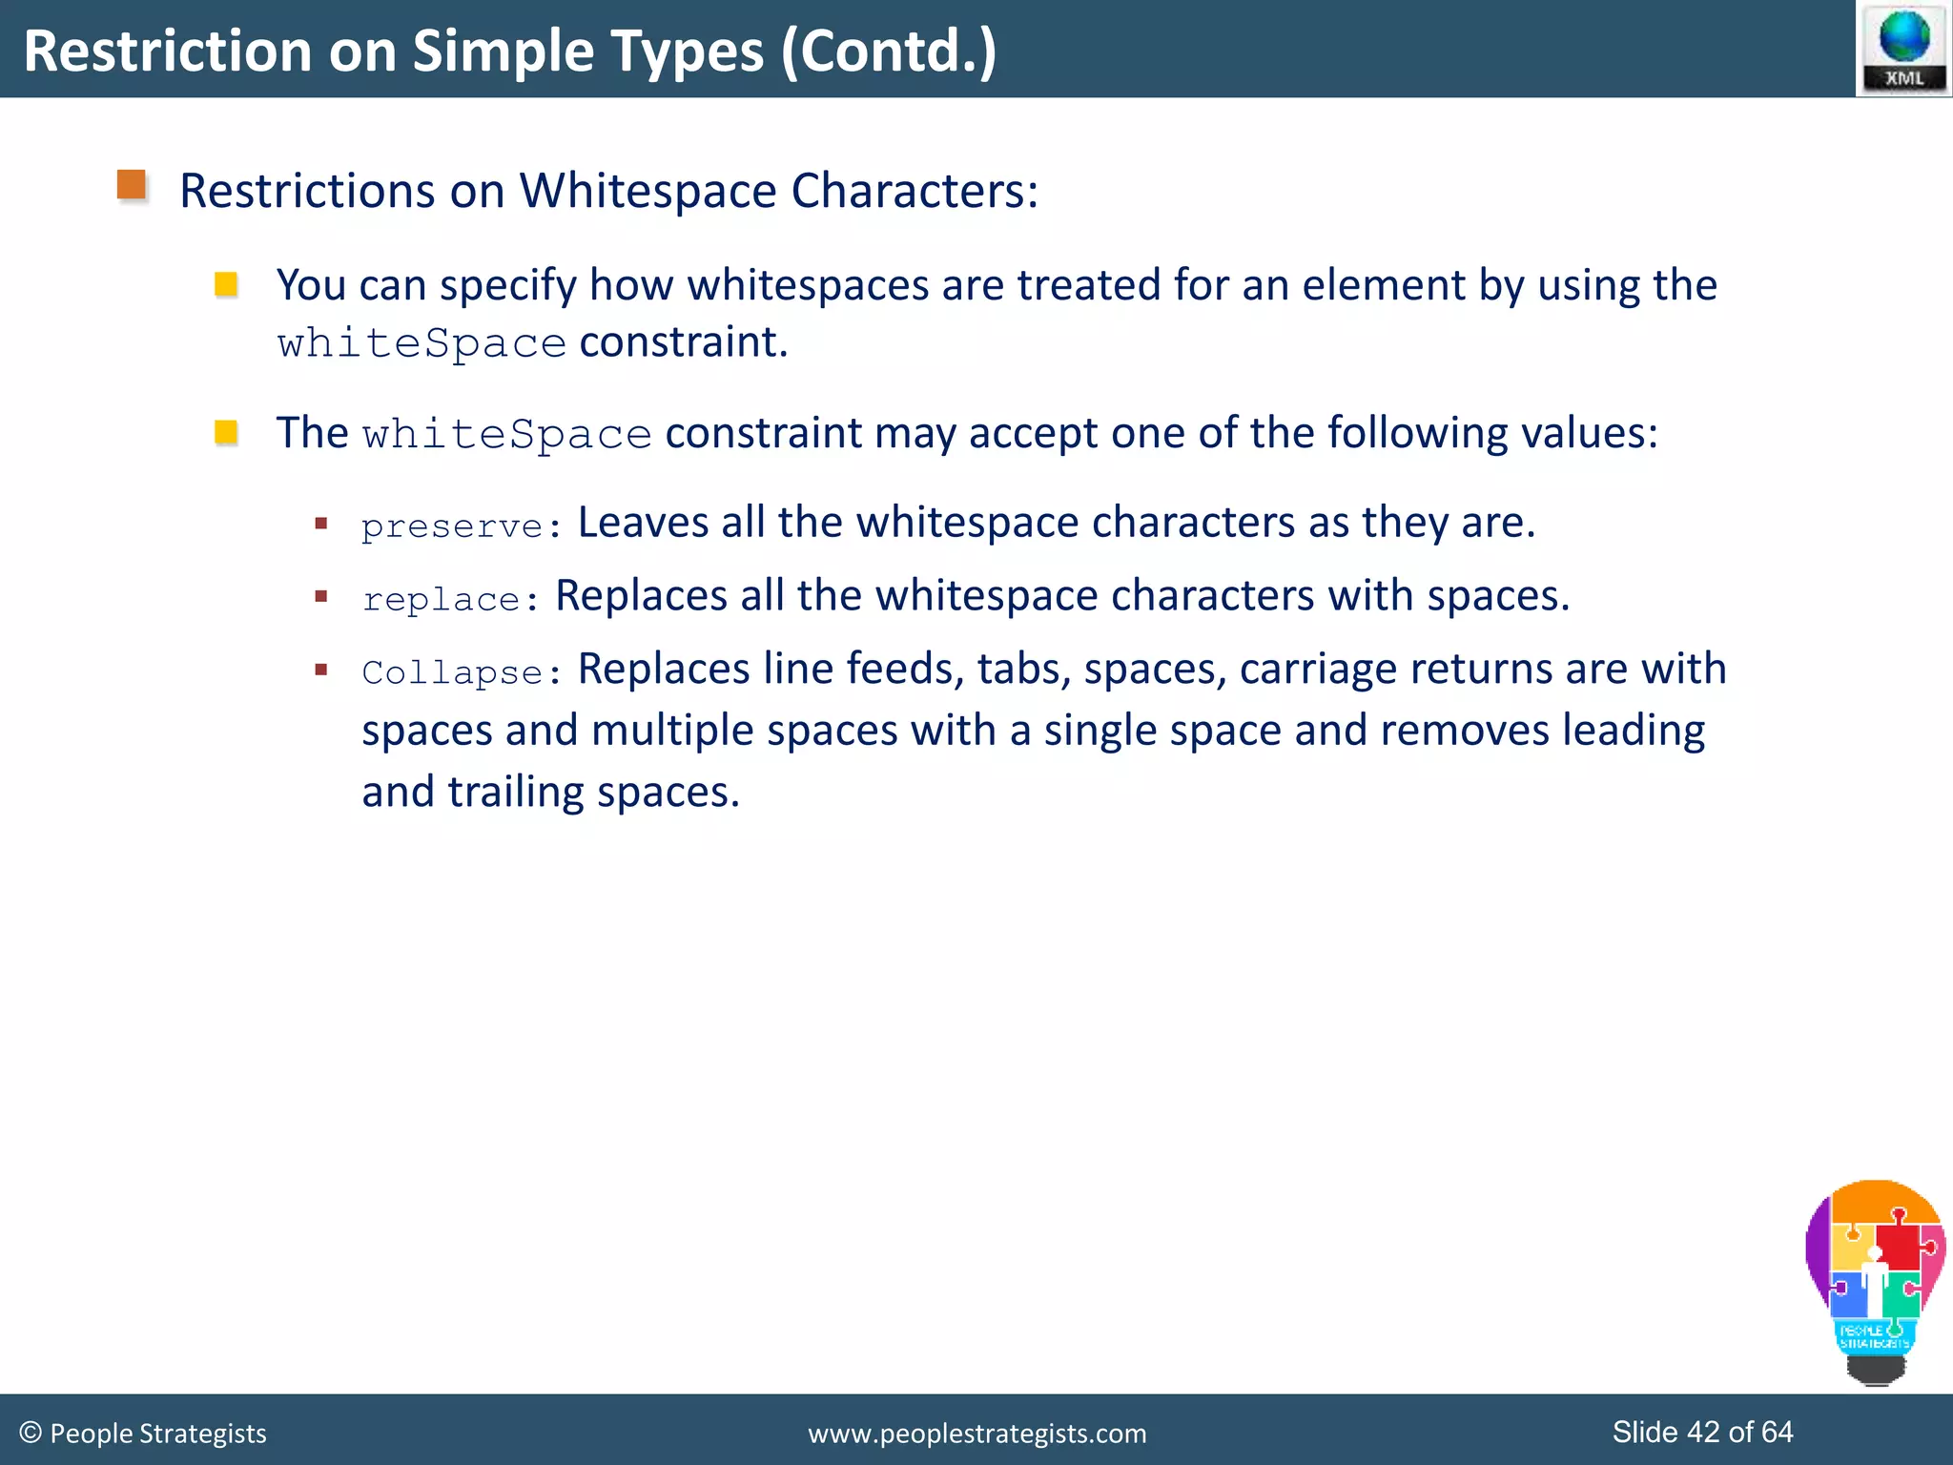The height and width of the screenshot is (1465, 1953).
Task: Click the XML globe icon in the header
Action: [1903, 48]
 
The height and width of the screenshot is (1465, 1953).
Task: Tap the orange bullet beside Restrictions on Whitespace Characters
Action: [132, 185]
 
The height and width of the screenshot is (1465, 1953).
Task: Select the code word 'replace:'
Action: [450, 599]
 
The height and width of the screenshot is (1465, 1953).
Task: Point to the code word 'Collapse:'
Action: [462, 672]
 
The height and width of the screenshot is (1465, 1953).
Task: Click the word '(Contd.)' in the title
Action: [889, 51]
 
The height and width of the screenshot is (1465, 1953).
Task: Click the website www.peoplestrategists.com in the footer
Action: [976, 1433]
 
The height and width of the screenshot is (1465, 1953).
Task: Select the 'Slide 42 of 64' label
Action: [1702, 1432]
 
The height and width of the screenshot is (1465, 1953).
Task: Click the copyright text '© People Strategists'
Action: [143, 1433]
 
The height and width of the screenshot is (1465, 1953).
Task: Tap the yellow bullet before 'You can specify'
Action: [226, 284]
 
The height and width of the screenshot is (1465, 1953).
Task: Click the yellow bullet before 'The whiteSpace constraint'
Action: [226, 432]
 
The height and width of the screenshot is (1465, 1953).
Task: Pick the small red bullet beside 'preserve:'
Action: [321, 523]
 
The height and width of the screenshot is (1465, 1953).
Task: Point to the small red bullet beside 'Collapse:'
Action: [321, 670]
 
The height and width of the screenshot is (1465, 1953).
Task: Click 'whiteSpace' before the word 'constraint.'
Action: [421, 343]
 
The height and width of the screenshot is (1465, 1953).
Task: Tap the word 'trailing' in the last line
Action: [516, 792]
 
